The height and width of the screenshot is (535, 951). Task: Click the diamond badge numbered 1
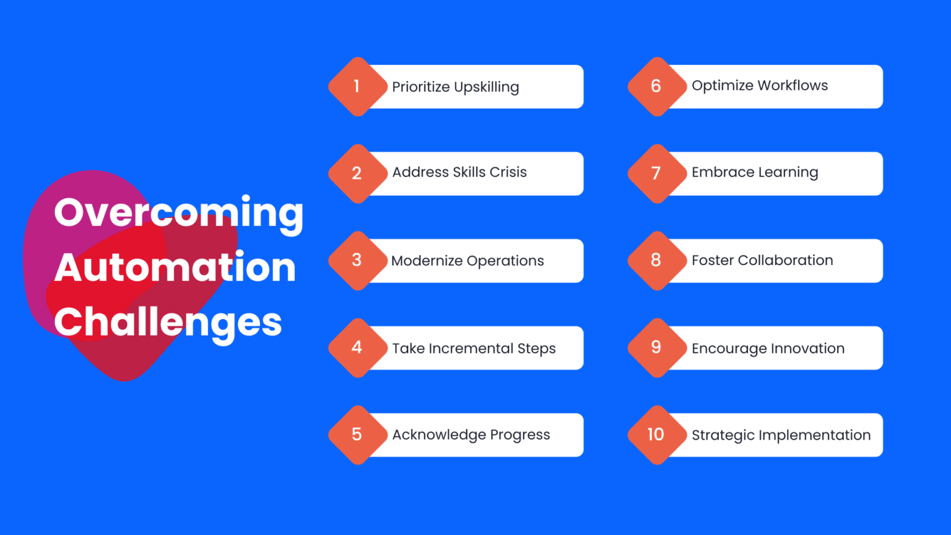(x=357, y=87)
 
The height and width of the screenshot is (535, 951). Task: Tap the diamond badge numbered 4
(x=357, y=347)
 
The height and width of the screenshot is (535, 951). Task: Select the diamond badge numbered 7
(x=656, y=173)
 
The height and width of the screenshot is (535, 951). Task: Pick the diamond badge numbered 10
(x=656, y=435)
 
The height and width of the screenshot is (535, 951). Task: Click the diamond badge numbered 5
(x=357, y=435)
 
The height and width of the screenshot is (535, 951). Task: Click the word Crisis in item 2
(x=508, y=172)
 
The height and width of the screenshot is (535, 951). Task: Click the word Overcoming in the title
(x=178, y=213)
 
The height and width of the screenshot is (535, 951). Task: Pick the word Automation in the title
(x=175, y=267)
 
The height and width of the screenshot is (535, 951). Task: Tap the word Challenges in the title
(x=168, y=323)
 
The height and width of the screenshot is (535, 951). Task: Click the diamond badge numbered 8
(x=656, y=260)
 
